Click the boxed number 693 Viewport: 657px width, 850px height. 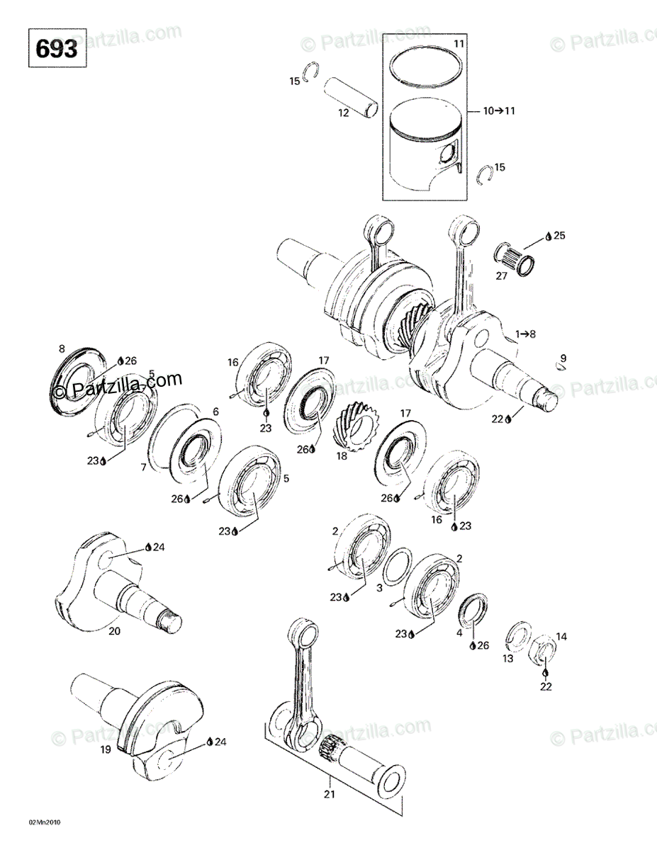tap(57, 48)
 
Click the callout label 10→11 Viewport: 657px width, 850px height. tap(500, 110)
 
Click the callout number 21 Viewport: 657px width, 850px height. tap(328, 794)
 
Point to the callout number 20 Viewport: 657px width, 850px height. tap(114, 630)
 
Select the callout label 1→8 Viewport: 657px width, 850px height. tap(527, 334)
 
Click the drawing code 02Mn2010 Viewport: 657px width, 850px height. tap(45, 822)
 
